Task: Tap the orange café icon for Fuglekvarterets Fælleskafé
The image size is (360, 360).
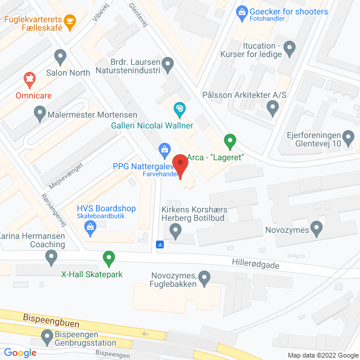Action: coord(71,23)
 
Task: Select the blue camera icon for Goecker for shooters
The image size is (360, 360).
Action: coord(241,11)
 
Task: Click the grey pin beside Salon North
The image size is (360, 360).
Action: coord(59,57)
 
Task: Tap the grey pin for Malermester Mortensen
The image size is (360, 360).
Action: coord(40,112)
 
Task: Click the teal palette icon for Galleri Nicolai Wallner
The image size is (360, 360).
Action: coord(178,109)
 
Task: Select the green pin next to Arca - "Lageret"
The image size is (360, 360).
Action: coord(229,142)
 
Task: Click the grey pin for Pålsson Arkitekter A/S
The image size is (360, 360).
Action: coord(273,109)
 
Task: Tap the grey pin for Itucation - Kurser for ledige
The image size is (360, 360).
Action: coord(290,47)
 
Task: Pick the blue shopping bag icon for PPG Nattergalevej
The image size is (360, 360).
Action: coord(163,148)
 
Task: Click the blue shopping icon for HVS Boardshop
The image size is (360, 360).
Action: coord(90,226)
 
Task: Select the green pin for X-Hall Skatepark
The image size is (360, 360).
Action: coord(109,259)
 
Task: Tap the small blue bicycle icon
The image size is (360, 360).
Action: coord(160,244)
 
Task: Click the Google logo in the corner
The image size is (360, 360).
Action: coord(21,353)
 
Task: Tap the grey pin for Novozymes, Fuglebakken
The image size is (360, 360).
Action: coord(205,278)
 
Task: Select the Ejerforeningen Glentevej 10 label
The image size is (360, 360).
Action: coord(313,139)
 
